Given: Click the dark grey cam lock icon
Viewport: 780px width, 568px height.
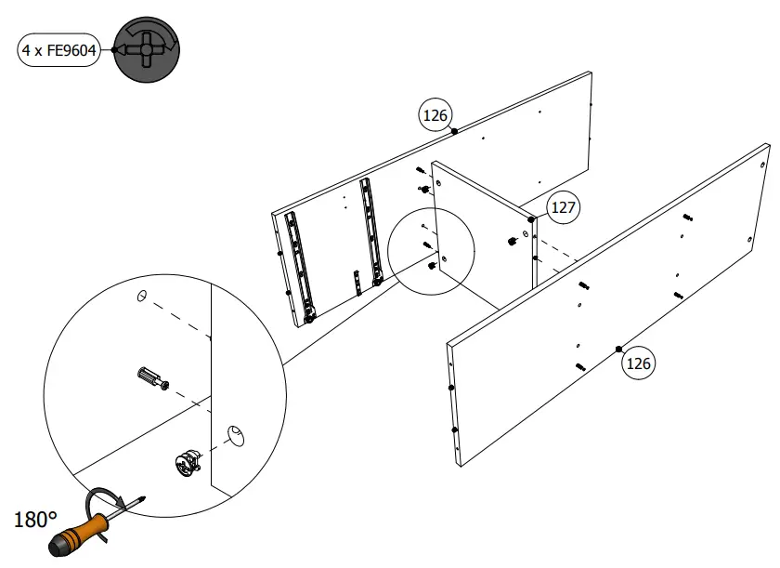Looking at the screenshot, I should [x=147, y=50].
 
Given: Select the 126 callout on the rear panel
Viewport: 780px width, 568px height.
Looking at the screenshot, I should [x=435, y=115].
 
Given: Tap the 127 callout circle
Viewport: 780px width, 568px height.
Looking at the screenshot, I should [x=563, y=207].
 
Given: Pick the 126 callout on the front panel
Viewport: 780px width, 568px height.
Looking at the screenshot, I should [x=638, y=363].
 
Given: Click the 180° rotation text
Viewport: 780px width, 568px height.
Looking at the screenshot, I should [x=36, y=520].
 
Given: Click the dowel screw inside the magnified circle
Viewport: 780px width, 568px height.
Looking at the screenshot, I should [x=151, y=378].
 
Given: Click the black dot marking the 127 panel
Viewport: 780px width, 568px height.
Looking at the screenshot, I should [x=531, y=219].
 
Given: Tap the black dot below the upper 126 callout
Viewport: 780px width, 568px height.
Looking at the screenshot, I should [x=454, y=132].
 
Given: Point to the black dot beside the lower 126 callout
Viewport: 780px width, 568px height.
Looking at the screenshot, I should [x=618, y=349].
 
